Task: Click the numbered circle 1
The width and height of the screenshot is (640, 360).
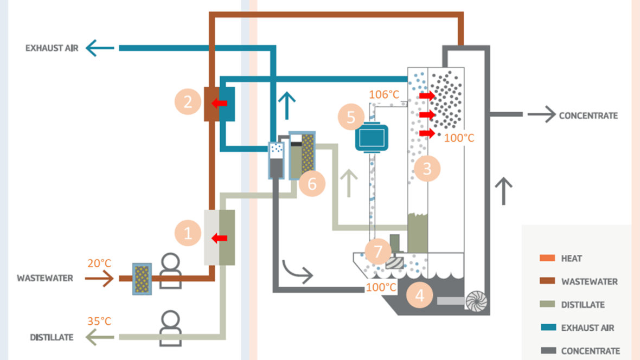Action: (188, 234)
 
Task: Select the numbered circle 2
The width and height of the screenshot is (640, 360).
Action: (188, 101)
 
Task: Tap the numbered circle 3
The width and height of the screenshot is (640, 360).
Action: (427, 169)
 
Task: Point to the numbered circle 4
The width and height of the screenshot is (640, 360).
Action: (419, 296)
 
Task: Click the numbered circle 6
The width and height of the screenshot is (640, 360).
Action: (312, 183)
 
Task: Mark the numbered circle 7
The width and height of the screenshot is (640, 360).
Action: (378, 251)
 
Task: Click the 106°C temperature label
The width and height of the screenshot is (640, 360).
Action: (385, 95)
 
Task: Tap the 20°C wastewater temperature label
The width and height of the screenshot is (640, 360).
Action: (99, 263)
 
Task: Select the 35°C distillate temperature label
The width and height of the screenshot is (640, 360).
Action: (99, 321)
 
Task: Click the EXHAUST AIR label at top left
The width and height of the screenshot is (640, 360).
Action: (52, 48)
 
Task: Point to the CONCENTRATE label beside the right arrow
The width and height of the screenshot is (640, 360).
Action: (588, 115)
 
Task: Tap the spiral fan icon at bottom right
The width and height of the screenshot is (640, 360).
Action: (476, 301)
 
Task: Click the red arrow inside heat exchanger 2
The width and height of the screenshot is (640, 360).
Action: (220, 103)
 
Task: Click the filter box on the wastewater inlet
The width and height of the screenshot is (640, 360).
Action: (142, 279)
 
